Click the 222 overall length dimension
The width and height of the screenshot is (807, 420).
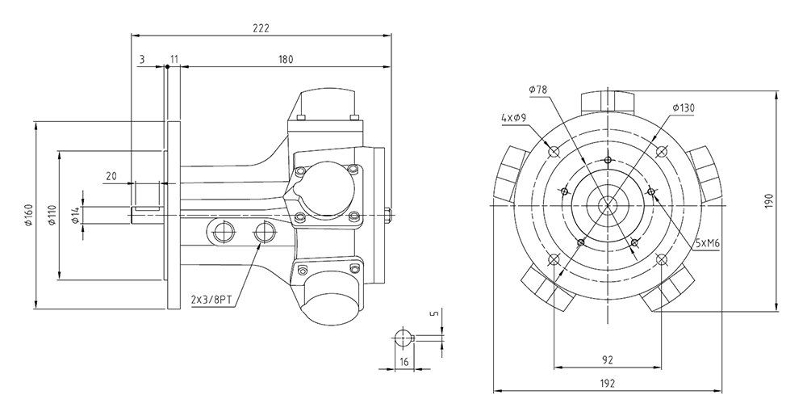tap(261, 28)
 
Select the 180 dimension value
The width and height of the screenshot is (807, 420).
tap(285, 59)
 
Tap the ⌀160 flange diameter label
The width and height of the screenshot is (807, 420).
tap(29, 215)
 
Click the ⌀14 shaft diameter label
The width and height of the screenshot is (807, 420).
tap(75, 215)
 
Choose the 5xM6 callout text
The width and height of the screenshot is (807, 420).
tap(707, 243)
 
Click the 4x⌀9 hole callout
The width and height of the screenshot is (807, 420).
tap(513, 117)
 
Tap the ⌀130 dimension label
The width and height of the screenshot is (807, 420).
tap(684, 107)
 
